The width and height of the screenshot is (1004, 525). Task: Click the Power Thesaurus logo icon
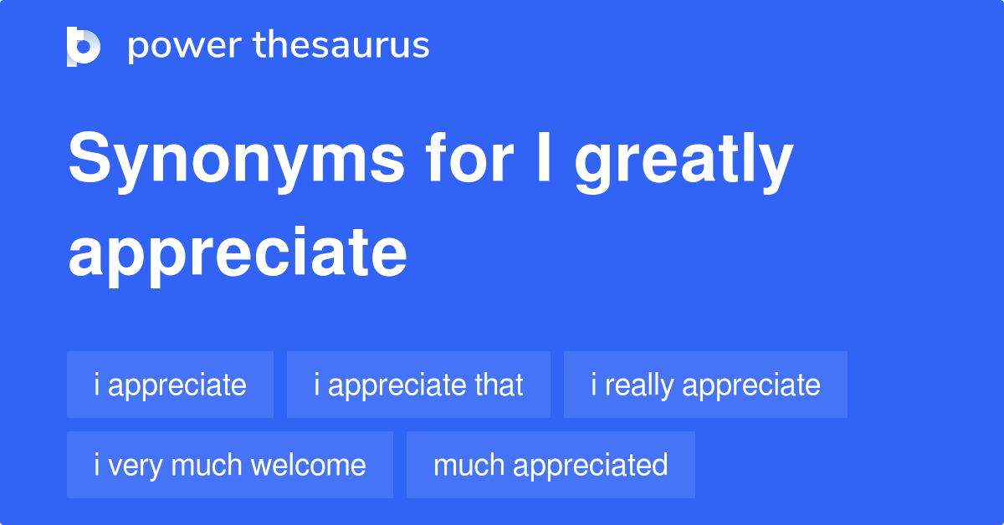point(84,46)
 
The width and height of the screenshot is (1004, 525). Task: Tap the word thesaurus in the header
point(342,46)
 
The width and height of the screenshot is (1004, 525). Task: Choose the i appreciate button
point(170,385)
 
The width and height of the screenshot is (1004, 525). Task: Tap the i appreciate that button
point(418,385)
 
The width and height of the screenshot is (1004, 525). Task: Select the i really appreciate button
point(705,385)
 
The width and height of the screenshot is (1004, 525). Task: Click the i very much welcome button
point(229,465)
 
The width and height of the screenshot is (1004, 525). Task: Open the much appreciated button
point(551,465)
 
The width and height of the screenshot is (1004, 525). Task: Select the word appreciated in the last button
point(591,466)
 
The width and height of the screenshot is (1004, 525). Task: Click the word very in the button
point(123,466)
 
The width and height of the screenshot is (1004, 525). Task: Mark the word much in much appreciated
point(469,465)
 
